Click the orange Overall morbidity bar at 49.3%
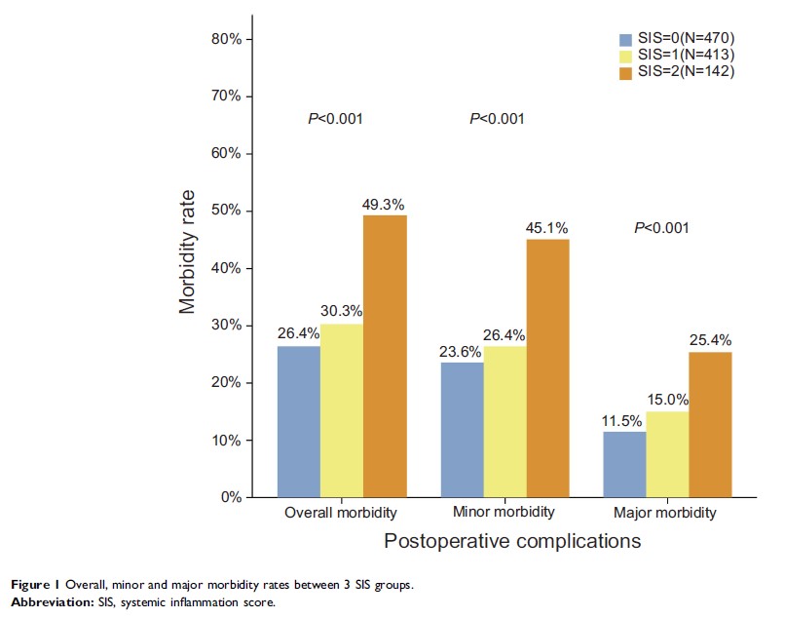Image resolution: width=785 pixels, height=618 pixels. pos(385,356)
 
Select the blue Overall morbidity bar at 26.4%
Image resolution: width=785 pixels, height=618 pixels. pos(299,421)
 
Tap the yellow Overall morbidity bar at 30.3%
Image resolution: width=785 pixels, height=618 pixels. pos(342,410)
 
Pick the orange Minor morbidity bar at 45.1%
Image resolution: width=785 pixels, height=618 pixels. pos(547,367)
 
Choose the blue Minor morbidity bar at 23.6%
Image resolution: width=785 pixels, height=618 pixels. pos(462,430)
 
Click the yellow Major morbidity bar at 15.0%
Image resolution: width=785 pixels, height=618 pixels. pos(667,454)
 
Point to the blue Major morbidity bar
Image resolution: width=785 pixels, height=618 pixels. pos(624,464)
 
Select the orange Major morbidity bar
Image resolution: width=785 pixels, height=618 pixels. pos(710,424)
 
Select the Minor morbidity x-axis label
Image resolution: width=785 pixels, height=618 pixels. pos(505,512)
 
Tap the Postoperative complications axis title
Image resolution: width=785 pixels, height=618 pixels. pos(512,540)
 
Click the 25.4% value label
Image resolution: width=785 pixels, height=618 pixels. pos(710,340)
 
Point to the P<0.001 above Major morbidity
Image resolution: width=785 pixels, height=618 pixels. pos(661,228)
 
